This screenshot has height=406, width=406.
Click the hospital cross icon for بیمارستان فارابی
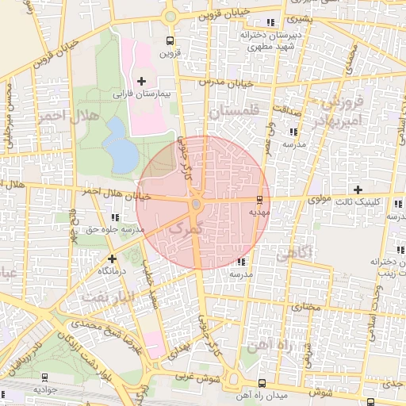[142, 81]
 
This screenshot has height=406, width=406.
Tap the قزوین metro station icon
[169, 41]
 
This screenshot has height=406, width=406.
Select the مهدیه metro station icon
[260, 198]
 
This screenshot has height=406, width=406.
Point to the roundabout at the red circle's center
[195, 204]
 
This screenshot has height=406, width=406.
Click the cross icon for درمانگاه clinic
[112, 258]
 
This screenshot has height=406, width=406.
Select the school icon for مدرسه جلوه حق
[116, 216]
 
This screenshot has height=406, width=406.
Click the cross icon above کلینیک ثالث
[358, 190]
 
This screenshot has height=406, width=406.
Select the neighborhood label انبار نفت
[105, 297]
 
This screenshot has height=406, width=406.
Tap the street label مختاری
[305, 305]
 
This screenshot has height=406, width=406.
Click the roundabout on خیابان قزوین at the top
[169, 16]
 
